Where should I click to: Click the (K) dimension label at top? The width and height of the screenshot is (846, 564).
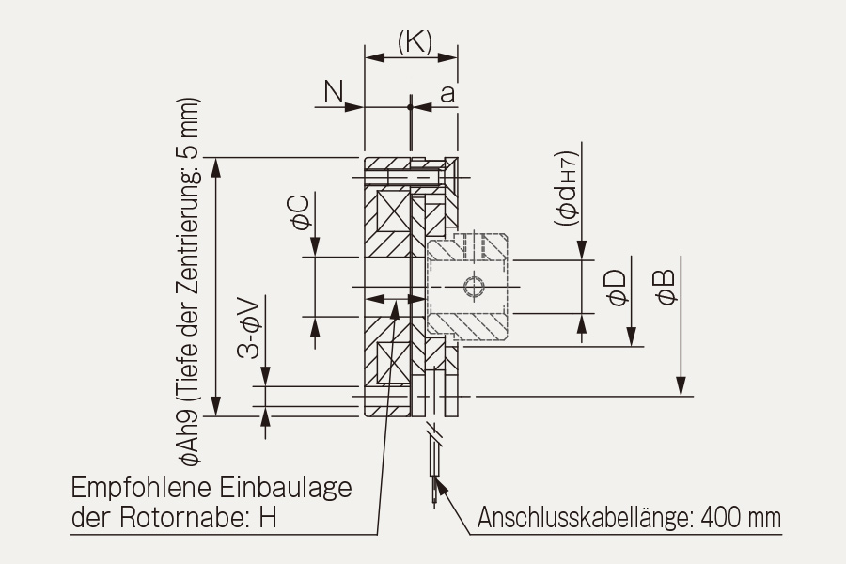tap(415, 41)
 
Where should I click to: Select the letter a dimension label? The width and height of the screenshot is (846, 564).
tap(447, 93)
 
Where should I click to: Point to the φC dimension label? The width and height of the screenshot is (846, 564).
tap(301, 212)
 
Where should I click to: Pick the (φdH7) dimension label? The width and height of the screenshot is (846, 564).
tap(566, 188)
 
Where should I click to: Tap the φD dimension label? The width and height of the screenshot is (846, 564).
tap(618, 288)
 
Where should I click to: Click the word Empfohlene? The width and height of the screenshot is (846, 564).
tap(141, 488)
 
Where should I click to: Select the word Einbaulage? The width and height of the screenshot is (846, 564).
tap(286, 488)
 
